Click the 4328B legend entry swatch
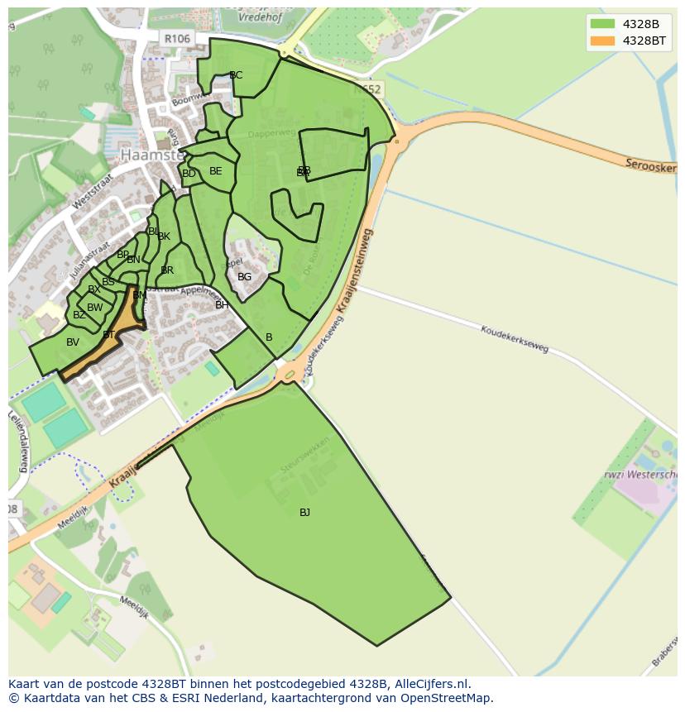[x=602, y=24]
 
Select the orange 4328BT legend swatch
[x=602, y=41]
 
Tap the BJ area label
[x=304, y=513]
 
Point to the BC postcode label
[x=236, y=75]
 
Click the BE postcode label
[x=215, y=171]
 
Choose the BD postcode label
[x=189, y=174]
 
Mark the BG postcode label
[x=244, y=277]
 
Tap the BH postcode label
[x=222, y=305]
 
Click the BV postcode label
[x=73, y=342]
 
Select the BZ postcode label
[x=79, y=315]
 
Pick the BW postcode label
[x=95, y=308]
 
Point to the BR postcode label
[x=167, y=270]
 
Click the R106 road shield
[x=176, y=39]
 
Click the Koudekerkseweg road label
[x=515, y=338]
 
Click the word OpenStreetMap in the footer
[x=447, y=698]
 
